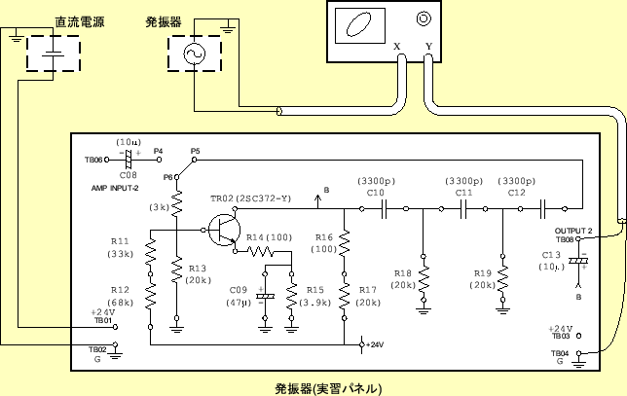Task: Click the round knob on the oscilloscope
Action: click(424, 18)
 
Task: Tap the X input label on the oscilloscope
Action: click(396, 46)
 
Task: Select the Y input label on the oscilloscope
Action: click(428, 46)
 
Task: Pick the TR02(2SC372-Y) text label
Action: click(250, 198)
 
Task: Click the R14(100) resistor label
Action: click(268, 237)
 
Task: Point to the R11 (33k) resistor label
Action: click(121, 247)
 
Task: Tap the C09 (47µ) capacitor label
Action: click(239, 297)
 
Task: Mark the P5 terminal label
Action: click(195, 151)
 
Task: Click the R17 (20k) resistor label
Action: click(368, 297)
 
